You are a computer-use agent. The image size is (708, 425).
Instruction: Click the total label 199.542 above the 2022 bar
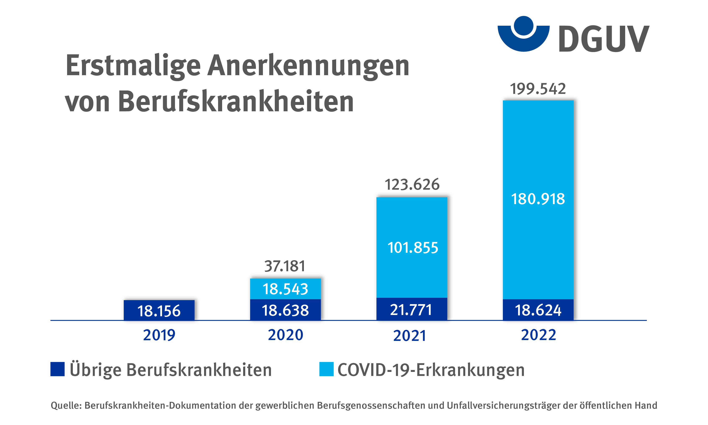tap(538, 89)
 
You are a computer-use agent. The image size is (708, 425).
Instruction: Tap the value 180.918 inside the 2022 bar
tap(538, 199)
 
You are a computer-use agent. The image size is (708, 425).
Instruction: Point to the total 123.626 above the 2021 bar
tap(412, 184)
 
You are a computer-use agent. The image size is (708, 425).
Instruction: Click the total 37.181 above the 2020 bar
tap(285, 266)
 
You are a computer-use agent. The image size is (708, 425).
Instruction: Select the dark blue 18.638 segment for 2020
tap(285, 310)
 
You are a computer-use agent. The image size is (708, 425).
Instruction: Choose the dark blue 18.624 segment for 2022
tap(538, 310)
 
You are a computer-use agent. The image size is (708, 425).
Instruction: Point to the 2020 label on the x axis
tap(285, 335)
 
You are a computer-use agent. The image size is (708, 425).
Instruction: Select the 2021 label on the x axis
tap(410, 336)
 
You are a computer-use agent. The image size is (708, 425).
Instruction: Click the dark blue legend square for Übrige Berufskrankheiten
tap(57, 369)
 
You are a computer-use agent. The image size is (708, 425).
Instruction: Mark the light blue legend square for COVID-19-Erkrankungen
tap(326, 369)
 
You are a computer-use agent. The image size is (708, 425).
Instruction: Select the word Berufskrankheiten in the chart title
tap(236, 102)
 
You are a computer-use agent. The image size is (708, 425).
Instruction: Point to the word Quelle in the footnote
tap(66, 405)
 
